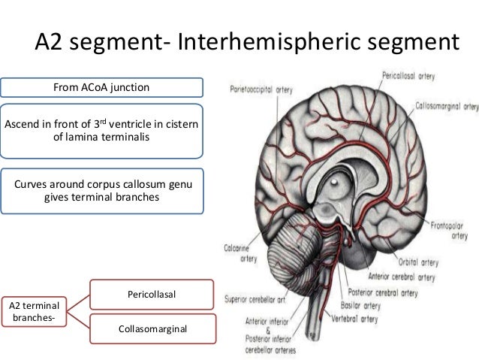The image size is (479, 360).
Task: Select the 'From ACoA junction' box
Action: tap(101, 88)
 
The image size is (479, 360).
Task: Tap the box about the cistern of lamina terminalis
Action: tap(101, 130)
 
